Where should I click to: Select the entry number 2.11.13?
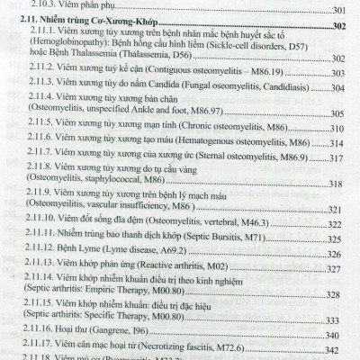(x=38, y=335)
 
